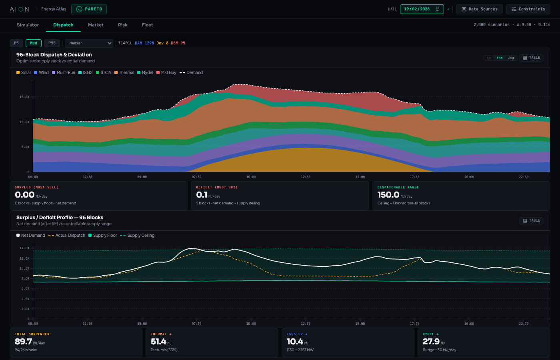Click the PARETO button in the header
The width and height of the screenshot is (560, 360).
[x=89, y=9]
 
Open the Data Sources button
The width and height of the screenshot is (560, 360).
[x=479, y=9]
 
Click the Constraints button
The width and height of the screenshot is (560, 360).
[x=528, y=9]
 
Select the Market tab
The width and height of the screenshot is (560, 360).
[x=96, y=25]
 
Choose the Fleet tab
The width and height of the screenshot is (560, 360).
[x=147, y=25]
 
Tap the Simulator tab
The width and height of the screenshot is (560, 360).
[x=28, y=25]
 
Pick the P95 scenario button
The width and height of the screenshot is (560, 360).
[x=52, y=43]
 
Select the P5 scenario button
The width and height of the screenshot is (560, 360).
[x=16, y=43]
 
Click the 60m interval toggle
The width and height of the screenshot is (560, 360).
[x=511, y=58]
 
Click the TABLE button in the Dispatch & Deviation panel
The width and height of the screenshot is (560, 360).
[x=531, y=58]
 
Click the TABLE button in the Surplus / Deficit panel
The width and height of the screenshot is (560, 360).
[x=531, y=221]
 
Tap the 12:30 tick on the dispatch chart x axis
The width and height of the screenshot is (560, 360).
[x=306, y=177]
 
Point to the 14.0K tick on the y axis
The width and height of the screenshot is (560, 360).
[x=24, y=248]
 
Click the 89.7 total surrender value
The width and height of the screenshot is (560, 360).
[x=23, y=342]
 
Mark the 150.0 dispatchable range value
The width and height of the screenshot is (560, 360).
[x=388, y=195]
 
